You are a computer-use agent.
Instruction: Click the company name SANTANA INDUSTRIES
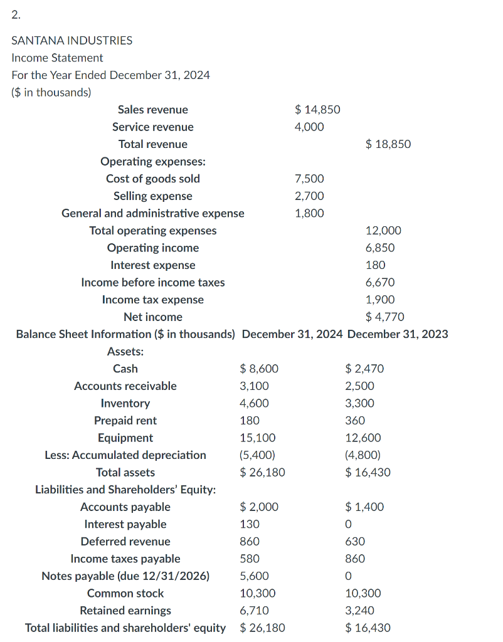tap(72, 40)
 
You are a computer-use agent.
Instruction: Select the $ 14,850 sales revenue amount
tap(317, 110)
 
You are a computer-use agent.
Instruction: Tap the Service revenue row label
tap(153, 127)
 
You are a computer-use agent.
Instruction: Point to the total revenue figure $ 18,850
tap(388, 144)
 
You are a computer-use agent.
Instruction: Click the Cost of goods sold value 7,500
tap(309, 179)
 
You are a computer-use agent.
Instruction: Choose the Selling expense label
tap(153, 196)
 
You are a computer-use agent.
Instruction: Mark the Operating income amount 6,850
tap(380, 248)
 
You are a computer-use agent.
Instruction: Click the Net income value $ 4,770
tap(385, 317)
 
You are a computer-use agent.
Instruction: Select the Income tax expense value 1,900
tap(380, 300)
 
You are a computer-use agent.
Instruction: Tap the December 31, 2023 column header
tap(398, 334)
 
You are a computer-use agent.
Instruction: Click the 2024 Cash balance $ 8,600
tap(260, 369)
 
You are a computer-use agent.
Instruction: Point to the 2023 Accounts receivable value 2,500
tap(359, 386)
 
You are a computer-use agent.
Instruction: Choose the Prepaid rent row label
tap(125, 420)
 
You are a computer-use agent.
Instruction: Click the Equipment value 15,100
tap(258, 438)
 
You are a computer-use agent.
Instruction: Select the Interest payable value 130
tap(250, 524)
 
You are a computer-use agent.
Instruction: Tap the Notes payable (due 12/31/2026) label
tap(125, 576)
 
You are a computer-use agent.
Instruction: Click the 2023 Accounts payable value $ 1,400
tap(364, 507)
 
